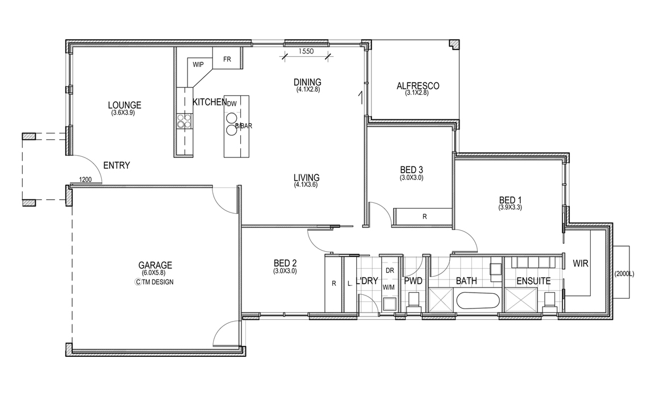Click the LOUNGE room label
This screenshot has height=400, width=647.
pyautogui.click(x=124, y=105)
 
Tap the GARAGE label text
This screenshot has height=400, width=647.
pyautogui.click(x=155, y=265)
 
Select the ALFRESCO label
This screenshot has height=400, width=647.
pyautogui.click(x=418, y=86)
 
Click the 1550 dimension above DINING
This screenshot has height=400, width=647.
pyautogui.click(x=306, y=51)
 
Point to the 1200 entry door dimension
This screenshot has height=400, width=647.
pyautogui.click(x=85, y=180)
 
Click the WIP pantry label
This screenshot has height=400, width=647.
pyautogui.click(x=198, y=64)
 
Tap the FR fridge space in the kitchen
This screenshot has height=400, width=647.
pyautogui.click(x=227, y=59)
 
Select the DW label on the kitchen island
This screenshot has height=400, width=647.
pyautogui.click(x=232, y=103)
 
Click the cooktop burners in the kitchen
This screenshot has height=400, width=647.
pyautogui.click(x=184, y=120)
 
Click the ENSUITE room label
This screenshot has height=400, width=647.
pyautogui.click(x=533, y=281)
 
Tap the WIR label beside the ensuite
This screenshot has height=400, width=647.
pyautogui.click(x=581, y=263)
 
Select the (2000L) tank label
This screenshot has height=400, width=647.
pyautogui.click(x=624, y=274)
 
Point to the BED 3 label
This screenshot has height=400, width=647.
pyautogui.click(x=411, y=170)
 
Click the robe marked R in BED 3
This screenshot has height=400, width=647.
pyautogui.click(x=423, y=216)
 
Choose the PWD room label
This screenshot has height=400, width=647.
pyautogui.click(x=413, y=281)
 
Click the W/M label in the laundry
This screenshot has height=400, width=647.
pyautogui.click(x=389, y=287)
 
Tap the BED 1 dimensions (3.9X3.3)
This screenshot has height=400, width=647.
pyautogui.click(x=510, y=207)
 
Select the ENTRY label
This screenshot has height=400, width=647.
pyautogui.click(x=116, y=165)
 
